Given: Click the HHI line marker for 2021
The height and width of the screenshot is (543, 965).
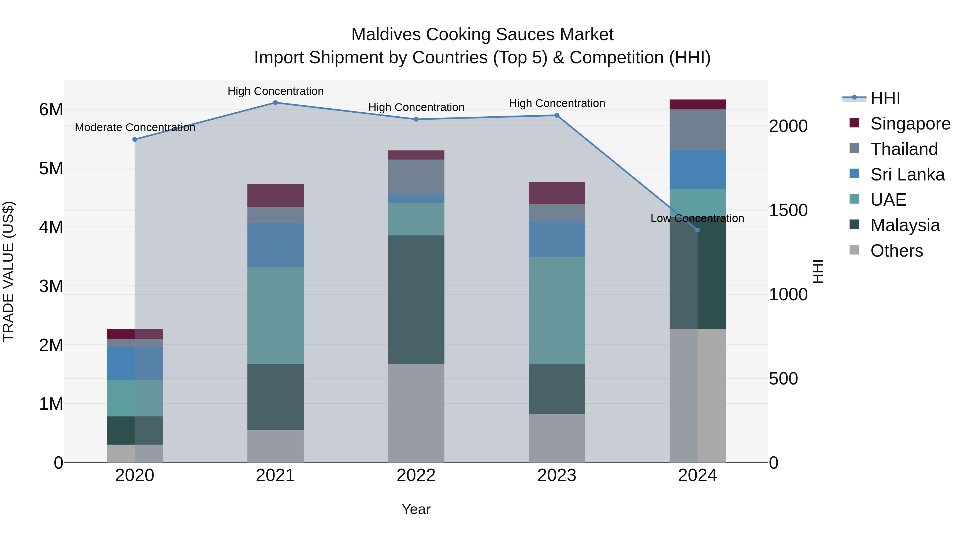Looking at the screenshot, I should (275, 103).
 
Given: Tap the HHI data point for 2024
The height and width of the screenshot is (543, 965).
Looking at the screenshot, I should (697, 230).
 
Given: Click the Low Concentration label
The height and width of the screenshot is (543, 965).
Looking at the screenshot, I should (697, 219).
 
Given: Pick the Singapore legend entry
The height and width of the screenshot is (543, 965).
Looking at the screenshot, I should (910, 124).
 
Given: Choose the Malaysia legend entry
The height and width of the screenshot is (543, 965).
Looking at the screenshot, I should (905, 225).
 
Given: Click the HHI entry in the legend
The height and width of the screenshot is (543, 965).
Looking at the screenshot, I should (885, 98).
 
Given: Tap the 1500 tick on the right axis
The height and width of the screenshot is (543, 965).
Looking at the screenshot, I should (788, 210).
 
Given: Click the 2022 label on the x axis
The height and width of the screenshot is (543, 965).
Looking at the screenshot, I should (416, 475).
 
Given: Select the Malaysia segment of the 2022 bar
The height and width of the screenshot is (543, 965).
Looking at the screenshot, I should (416, 300).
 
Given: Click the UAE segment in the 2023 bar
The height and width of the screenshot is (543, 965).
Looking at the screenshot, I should (557, 310).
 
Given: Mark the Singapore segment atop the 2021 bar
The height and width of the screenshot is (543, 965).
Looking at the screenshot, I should (275, 196).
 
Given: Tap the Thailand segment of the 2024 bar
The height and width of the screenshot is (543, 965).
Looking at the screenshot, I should (697, 130).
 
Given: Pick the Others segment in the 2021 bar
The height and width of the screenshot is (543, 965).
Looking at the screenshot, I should (275, 446).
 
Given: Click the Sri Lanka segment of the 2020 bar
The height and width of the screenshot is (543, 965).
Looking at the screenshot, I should (135, 363).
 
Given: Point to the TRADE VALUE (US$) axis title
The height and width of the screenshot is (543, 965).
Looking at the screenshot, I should (8, 271).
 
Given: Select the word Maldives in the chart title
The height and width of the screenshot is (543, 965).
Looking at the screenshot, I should (386, 35).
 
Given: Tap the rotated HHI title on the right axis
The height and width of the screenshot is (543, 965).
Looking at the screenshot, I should (818, 271).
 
